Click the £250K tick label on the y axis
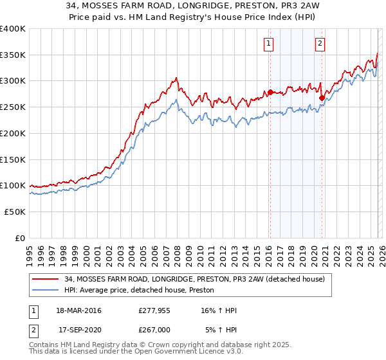click(x=13, y=107)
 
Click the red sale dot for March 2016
click(x=270, y=92)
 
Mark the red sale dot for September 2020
click(x=322, y=98)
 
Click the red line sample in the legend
click(x=46, y=280)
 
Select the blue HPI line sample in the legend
click(x=46, y=291)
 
